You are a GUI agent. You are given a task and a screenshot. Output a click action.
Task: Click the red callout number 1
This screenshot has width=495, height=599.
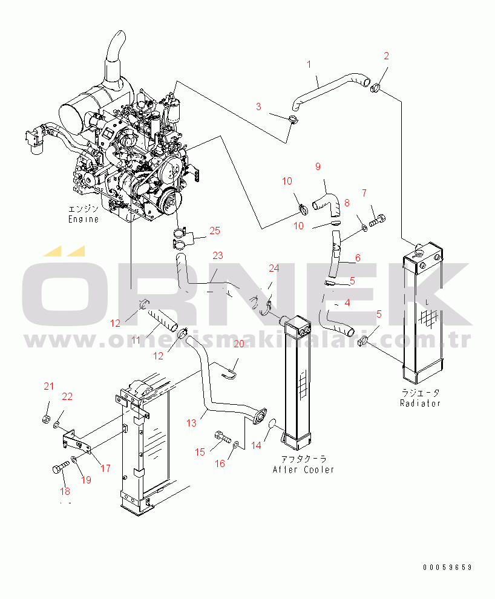coord(309,64)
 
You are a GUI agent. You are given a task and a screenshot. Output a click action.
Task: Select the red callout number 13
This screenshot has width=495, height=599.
coord(191,423)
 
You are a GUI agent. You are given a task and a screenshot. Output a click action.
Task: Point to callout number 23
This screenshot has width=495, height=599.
coord(217,255)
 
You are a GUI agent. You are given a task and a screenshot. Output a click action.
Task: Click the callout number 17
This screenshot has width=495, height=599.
coord(105,468)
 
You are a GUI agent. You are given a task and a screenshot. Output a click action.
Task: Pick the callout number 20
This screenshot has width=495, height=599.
coord(238,344)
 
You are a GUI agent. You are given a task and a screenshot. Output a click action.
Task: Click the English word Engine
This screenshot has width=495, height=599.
coord(83,219)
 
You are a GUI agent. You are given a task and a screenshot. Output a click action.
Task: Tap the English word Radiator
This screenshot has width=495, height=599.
coord(420,403)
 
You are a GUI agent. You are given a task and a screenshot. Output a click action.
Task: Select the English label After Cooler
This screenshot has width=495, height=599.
coord(303,470)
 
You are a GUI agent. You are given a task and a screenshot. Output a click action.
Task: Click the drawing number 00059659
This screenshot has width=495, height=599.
coord(447,568)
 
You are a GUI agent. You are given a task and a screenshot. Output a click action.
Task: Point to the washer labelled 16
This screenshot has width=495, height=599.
coord(235,447)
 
